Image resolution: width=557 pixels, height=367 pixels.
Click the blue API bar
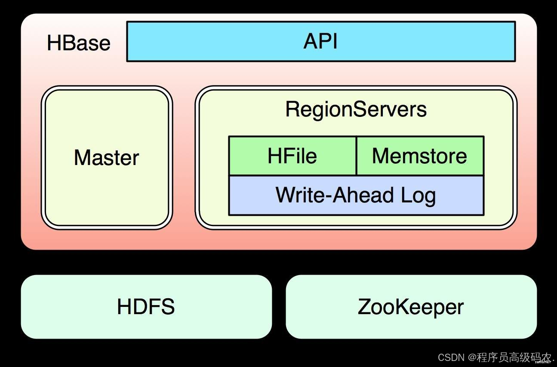point(320,42)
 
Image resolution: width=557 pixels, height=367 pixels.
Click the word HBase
point(78,43)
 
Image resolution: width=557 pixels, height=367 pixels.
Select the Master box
point(107,157)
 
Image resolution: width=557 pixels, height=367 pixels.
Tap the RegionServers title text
point(356,109)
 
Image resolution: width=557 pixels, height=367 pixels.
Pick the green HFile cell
point(292,156)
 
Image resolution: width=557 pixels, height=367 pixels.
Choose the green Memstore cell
point(419,156)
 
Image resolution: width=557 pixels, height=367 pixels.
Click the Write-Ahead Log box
point(356,195)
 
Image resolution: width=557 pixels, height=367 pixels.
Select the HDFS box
point(146,307)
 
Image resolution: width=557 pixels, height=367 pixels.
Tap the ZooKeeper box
point(411,307)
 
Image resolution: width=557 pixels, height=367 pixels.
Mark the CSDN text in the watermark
point(451,357)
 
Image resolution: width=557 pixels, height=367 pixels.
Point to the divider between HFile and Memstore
point(356,156)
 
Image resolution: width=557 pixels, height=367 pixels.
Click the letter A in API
point(311,42)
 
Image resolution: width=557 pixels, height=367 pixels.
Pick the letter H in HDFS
point(124,307)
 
